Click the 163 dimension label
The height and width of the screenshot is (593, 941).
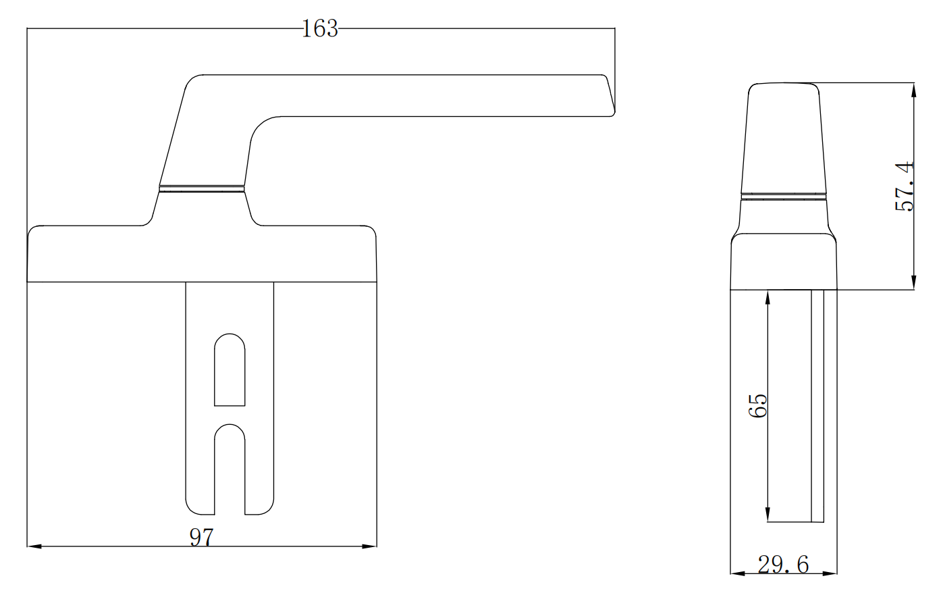click(319, 28)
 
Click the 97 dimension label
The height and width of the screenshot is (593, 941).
click(200, 538)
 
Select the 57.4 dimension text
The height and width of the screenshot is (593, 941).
click(904, 186)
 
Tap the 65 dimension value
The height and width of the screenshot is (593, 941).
click(759, 406)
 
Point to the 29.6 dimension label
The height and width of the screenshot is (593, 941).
click(782, 565)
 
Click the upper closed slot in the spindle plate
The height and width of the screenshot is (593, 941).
click(230, 370)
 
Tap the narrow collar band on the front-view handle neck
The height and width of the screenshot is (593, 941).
click(202, 188)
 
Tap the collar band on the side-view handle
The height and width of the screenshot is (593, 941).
click(784, 197)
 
